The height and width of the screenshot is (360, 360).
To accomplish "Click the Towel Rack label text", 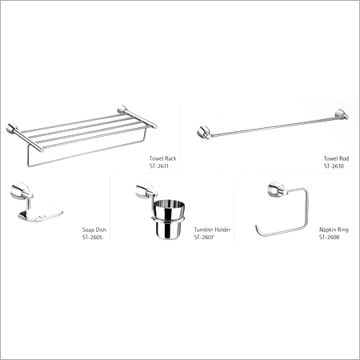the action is (162, 158).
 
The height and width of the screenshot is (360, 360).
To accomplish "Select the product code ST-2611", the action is (159, 166).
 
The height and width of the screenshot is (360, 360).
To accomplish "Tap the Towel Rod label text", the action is (336, 158).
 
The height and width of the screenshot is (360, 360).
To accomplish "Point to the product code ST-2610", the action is (334, 166).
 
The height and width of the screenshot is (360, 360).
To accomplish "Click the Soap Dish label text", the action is (94, 230).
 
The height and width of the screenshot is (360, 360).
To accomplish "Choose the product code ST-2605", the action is (92, 238).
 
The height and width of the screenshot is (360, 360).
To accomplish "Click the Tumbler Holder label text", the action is (212, 230).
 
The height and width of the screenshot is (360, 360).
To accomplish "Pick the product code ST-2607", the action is (204, 238).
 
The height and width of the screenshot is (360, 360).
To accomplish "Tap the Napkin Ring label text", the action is (334, 230).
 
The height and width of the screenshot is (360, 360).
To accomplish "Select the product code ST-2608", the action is (330, 238).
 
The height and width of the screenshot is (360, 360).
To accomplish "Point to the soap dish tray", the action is (41, 214).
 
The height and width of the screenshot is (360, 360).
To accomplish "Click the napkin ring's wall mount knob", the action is (277, 189).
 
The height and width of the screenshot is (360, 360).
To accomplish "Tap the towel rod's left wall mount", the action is (204, 133).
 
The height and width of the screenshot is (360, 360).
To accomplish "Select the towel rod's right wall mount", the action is (342, 114).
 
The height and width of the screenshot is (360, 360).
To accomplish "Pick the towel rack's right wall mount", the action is (122, 110).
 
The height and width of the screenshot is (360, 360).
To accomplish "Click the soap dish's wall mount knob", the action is (22, 190).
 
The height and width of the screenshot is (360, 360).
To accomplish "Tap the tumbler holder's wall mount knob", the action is (146, 190).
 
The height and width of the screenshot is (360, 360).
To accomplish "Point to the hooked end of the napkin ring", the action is (257, 229).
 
